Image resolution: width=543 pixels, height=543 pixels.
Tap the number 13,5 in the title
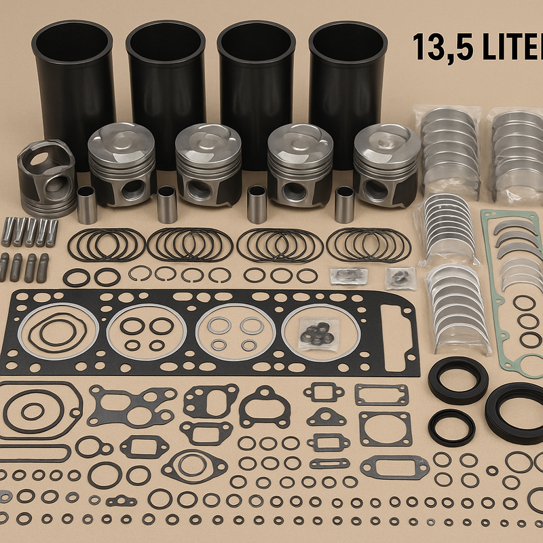(438, 48)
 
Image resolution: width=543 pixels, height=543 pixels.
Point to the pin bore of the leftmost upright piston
(133, 190)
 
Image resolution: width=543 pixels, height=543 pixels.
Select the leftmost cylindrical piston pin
(87, 204)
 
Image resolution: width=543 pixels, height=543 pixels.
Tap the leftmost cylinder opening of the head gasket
(58, 333)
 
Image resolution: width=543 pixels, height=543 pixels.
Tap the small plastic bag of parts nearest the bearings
(400, 276)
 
